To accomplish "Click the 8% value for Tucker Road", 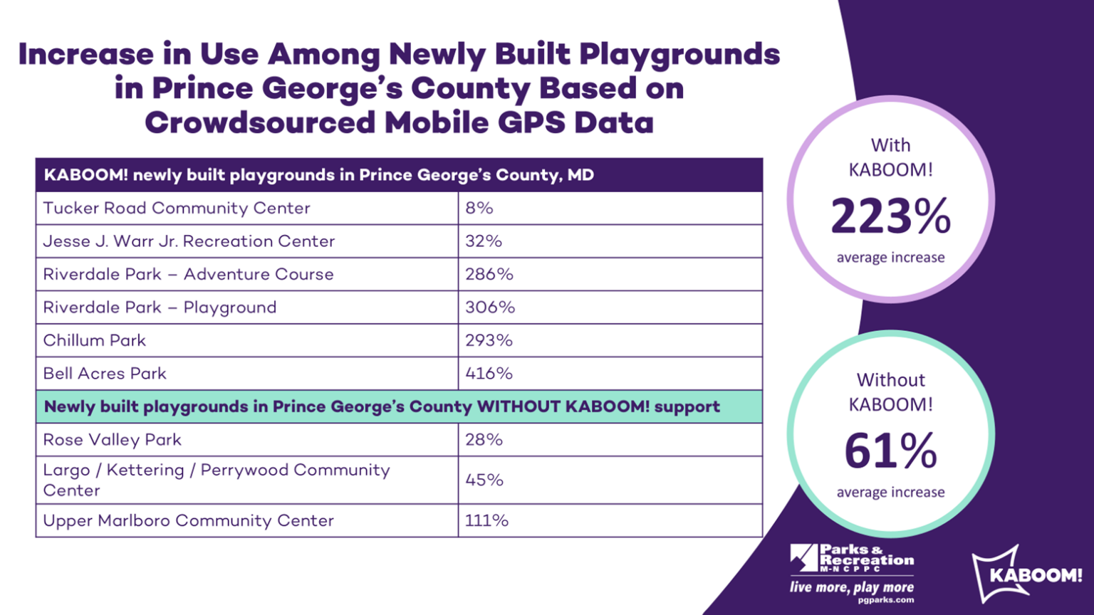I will [479, 208].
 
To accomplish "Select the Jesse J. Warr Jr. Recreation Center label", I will [189, 241].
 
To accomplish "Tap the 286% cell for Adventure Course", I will [489, 274].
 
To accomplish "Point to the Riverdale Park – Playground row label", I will [160, 307].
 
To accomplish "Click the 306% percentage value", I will [490, 307].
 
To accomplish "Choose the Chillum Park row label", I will [94, 340].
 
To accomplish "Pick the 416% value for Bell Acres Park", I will [489, 374].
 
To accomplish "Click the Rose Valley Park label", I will [112, 440].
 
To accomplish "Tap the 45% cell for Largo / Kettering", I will [484, 480].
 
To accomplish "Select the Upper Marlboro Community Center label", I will [188, 521].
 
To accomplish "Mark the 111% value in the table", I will [486, 521].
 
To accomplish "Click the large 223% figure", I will [890, 216].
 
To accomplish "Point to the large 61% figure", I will [890, 451].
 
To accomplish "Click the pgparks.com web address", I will [885, 600].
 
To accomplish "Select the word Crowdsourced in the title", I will [260, 122].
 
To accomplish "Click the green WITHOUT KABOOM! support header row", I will [382, 406].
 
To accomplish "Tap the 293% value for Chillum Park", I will [489, 340].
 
